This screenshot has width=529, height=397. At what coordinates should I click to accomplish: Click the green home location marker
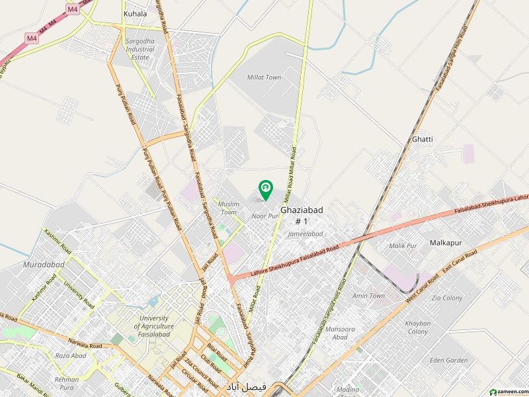(265, 190)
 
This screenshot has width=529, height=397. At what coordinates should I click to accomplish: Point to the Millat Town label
(264, 77)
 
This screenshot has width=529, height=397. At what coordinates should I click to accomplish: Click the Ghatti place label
(423, 139)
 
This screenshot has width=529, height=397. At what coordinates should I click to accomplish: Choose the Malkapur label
(448, 242)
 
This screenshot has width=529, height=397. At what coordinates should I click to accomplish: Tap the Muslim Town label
(229, 208)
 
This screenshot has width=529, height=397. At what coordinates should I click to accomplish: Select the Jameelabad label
(305, 234)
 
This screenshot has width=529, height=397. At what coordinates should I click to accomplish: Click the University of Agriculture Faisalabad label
(153, 326)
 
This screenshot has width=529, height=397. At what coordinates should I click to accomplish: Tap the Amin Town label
(368, 296)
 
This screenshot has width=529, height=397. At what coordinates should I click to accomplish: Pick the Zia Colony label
(447, 298)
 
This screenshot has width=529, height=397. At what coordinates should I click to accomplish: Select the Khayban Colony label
(417, 327)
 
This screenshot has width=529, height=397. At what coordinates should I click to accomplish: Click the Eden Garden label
(448, 361)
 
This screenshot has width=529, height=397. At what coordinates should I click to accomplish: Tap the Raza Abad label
(71, 355)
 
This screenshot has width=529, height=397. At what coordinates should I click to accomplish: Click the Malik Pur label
(403, 245)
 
